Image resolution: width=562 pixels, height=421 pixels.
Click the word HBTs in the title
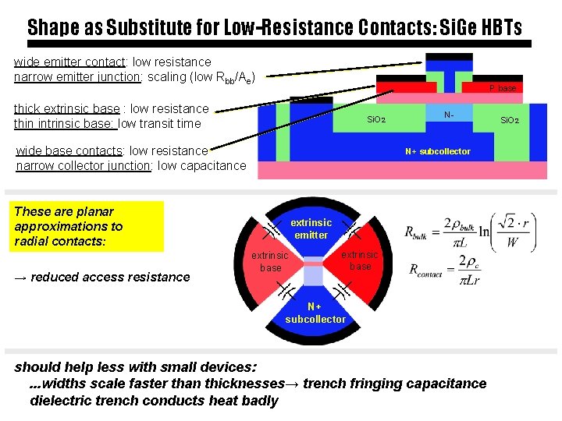click(496, 27)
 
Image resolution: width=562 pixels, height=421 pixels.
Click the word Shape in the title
click(54, 27)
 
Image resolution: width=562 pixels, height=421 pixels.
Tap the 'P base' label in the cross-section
click(503, 88)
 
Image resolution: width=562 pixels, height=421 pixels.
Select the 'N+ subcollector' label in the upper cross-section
click(437, 151)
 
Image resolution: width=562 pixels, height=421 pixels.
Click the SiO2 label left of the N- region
click(376, 120)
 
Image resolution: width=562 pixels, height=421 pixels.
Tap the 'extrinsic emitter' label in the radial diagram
click(311, 228)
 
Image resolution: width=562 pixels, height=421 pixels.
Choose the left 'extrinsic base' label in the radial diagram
click(269, 261)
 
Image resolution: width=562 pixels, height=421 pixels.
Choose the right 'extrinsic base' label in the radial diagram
click(360, 260)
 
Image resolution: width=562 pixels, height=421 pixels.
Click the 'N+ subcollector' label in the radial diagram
click(315, 313)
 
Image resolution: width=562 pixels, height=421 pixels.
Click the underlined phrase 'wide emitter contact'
click(69, 62)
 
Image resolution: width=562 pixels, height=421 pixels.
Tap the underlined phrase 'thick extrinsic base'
click(66, 108)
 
